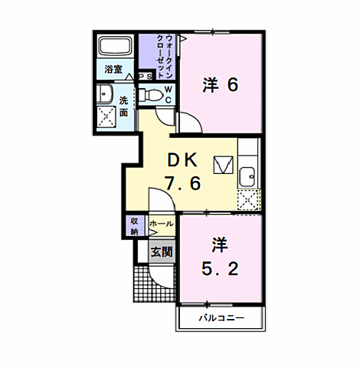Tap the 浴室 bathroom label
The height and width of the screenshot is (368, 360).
click(x=114, y=69)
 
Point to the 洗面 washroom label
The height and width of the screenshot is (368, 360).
click(x=123, y=104)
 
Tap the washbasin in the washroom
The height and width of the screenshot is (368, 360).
click(x=105, y=94)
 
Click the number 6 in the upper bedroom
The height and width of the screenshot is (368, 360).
click(x=231, y=84)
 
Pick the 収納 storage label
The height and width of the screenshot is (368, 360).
click(x=134, y=226)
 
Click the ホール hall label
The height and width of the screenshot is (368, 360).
click(x=160, y=224)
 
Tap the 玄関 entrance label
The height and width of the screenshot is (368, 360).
click(x=161, y=251)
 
